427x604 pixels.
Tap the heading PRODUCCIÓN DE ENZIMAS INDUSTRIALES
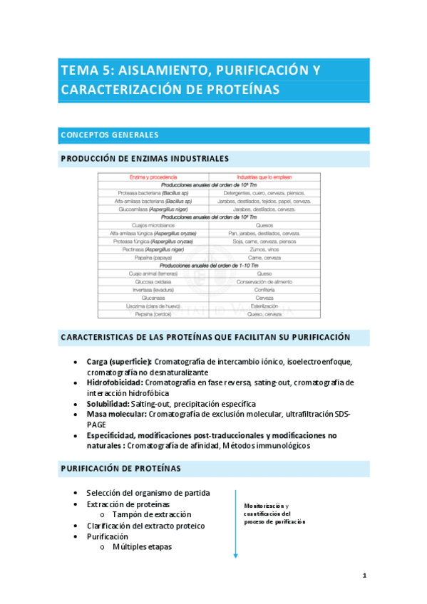click(x=145, y=158)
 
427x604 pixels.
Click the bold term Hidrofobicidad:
click(x=115, y=382)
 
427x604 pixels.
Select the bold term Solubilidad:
click(x=108, y=403)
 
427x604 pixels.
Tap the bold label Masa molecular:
click(x=117, y=414)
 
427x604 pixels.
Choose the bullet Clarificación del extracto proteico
click(x=145, y=526)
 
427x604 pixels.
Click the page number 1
click(x=364, y=576)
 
